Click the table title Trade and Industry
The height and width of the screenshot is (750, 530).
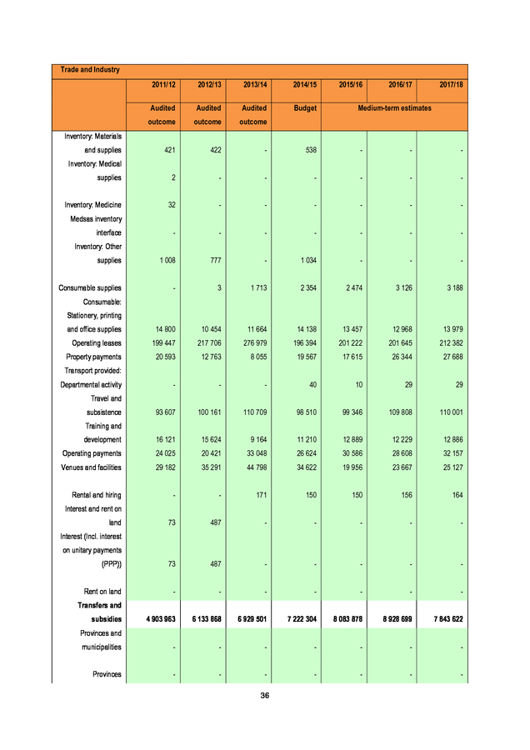[85, 70]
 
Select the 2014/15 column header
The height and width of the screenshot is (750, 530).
[306, 85]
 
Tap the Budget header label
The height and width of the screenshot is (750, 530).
[306, 108]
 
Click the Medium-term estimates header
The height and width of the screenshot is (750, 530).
[395, 108]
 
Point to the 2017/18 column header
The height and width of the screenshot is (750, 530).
[451, 85]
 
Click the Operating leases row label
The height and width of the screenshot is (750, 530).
[97, 343]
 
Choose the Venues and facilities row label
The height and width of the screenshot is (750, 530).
[92, 467]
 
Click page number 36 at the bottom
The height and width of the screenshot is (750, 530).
[265, 695]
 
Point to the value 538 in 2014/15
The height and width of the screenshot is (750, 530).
[310, 151]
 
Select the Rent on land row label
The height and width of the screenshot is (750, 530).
[102, 592]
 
